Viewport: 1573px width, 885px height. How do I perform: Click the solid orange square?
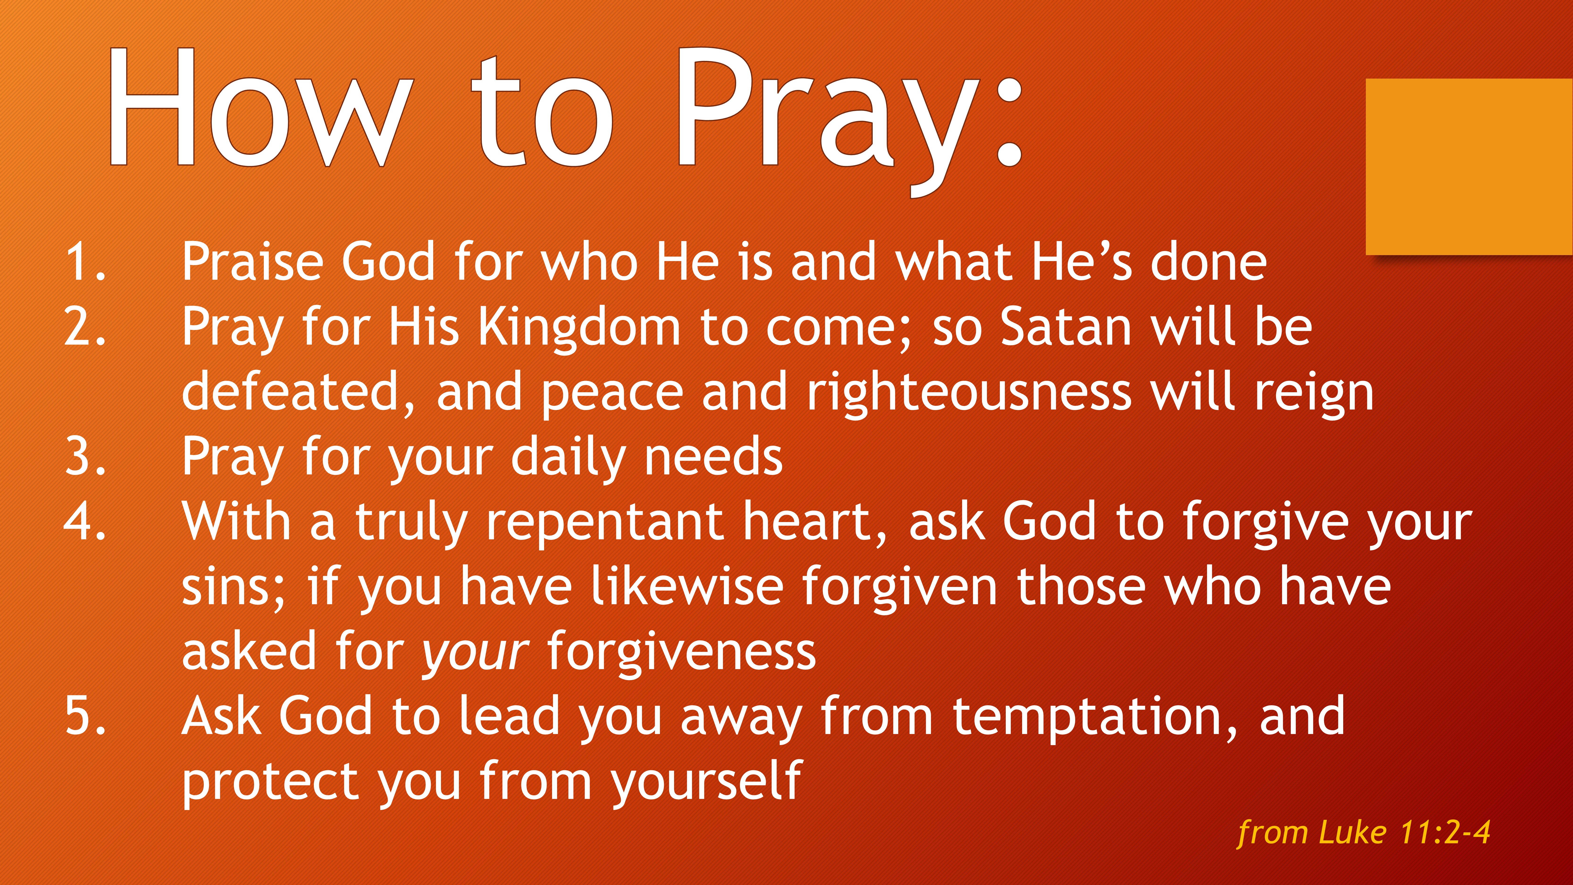coord(1468,166)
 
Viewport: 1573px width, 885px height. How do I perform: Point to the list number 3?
coord(84,457)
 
